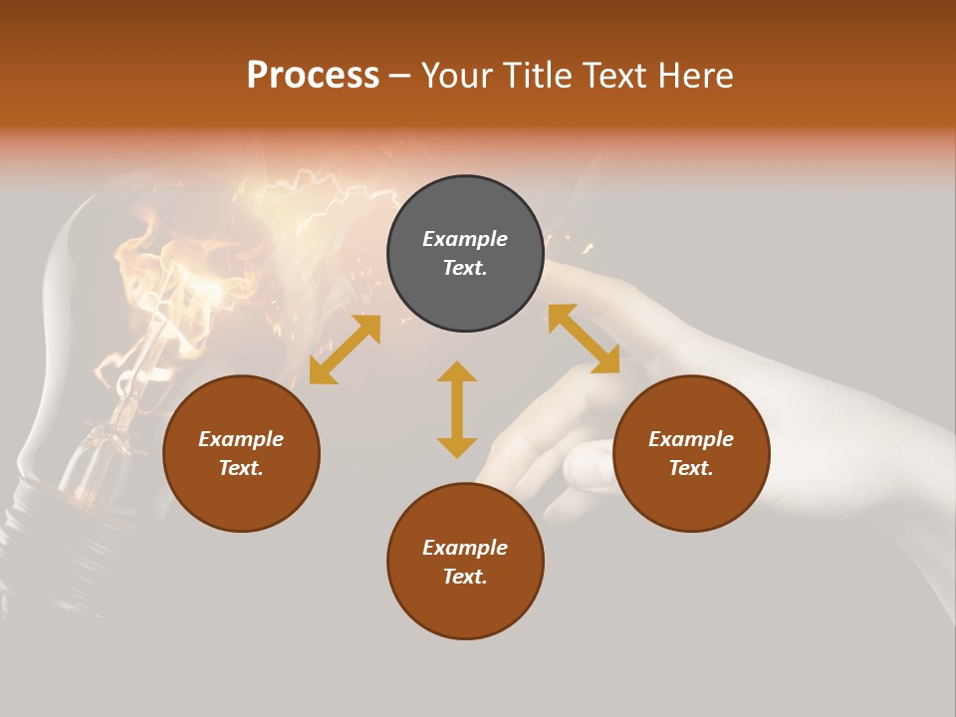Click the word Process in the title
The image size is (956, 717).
pos(313,76)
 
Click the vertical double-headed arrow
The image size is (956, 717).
pos(457,409)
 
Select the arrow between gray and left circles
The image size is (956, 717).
pos(345,350)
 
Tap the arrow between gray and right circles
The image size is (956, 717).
pos(584,339)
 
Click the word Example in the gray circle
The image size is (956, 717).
pos(465,239)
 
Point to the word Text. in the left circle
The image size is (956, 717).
pos(241,468)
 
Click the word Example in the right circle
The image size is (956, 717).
pos(691,439)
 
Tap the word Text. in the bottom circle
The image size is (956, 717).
pos(465,577)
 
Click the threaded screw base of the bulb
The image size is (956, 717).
pos(60,518)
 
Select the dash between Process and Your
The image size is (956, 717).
pos(399,77)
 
